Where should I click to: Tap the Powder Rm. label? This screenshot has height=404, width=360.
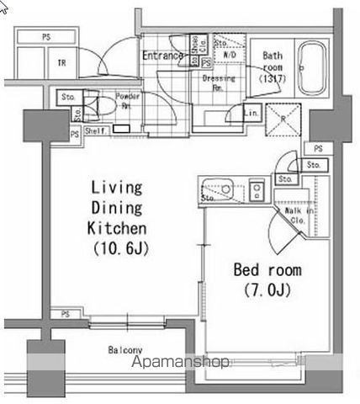[127, 101]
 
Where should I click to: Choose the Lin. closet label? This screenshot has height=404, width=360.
[250, 113]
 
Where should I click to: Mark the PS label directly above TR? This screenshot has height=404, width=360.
[44, 36]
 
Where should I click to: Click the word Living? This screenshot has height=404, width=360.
[117, 187]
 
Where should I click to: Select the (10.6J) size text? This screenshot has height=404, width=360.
[117, 249]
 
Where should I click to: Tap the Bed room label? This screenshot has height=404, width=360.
[266, 270]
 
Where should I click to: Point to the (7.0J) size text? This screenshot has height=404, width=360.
[266, 291]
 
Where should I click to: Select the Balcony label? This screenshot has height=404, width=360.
[124, 350]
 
